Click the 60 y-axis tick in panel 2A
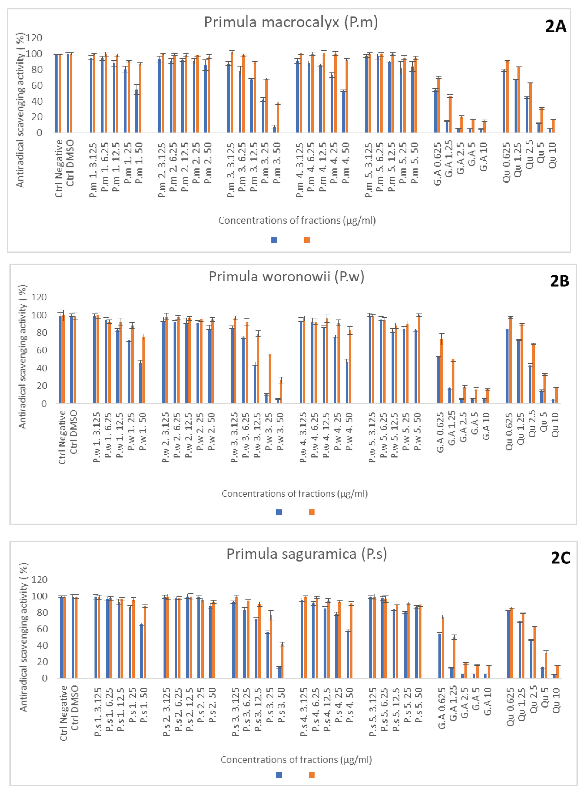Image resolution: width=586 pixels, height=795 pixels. (36, 86)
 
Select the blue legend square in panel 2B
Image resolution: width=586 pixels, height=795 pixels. (279, 512)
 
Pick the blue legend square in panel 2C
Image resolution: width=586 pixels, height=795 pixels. (279, 775)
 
